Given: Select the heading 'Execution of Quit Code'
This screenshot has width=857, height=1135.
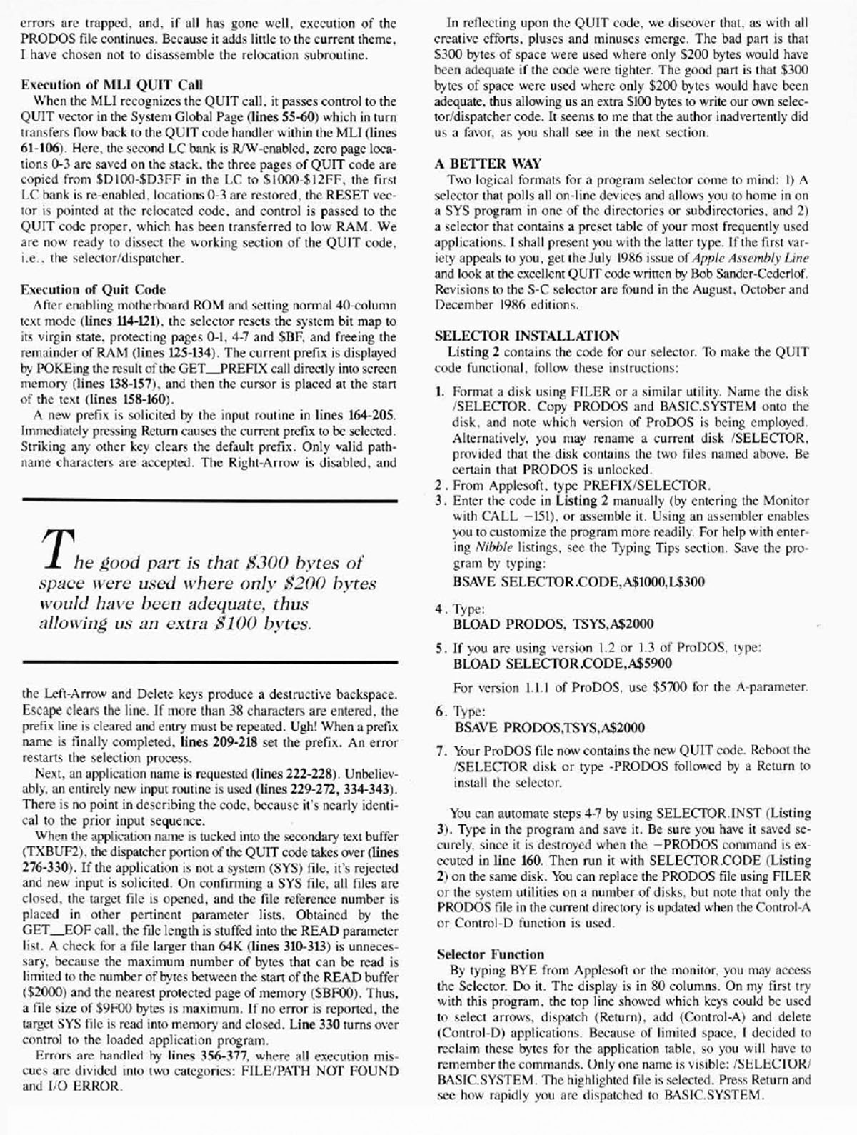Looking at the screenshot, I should point(93,289).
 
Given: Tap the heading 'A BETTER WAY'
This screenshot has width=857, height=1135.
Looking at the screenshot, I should point(488,164).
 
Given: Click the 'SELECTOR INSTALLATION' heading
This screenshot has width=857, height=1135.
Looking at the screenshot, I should point(527,336).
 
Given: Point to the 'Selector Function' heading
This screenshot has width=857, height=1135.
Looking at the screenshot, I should point(490,954).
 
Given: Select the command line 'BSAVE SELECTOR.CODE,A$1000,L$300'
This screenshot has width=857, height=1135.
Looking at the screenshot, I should point(578,581).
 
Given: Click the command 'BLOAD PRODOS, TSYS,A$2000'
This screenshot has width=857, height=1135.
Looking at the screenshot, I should point(553,624).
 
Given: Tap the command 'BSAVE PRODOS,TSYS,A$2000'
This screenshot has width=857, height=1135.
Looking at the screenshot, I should point(549,728).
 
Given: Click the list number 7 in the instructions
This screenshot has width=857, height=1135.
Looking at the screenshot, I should point(441,751).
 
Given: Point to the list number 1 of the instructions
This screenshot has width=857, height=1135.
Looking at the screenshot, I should point(441,392).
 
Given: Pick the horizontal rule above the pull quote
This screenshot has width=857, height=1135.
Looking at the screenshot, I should point(209,502).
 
